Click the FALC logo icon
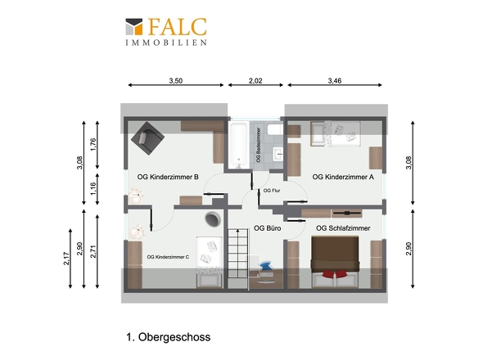click(134, 26)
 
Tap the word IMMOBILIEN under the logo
click(166, 43)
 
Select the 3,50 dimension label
click(175, 81)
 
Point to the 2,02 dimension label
click(255, 81)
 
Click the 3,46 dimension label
click(335, 81)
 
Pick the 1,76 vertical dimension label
click(93, 145)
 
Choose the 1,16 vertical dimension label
click(93, 188)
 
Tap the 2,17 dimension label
click(66, 259)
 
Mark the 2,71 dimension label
click(93, 251)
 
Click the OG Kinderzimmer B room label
click(168, 177)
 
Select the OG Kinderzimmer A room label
click(343, 177)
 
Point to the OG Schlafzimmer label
click(343, 228)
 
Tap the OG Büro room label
click(268, 228)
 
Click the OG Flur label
click(272, 191)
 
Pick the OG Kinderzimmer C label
click(168, 257)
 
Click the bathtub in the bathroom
click(239, 146)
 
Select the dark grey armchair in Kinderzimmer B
click(147, 138)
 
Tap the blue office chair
click(265, 265)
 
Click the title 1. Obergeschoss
click(168, 337)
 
